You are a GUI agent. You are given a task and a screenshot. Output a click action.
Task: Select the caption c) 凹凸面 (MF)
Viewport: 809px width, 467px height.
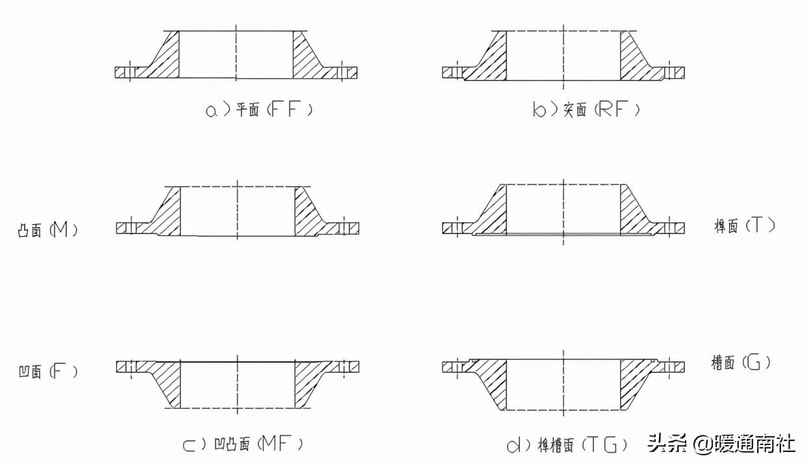(243, 444)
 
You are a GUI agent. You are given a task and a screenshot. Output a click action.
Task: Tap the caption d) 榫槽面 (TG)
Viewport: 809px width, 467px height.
(567, 444)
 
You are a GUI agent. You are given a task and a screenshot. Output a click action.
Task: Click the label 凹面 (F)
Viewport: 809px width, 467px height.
(47, 372)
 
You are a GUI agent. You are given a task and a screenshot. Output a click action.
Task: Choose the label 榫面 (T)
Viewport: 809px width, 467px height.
(744, 226)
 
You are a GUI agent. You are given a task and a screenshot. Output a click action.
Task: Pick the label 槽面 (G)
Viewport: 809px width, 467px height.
(741, 362)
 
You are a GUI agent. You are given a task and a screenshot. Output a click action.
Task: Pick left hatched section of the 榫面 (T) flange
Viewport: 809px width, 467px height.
(493, 214)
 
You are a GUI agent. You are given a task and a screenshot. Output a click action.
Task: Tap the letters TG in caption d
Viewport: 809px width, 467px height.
(606, 444)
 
